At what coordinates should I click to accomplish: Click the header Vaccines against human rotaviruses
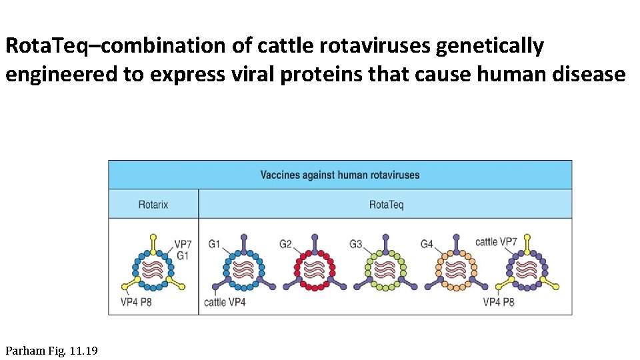pyautogui.click(x=340, y=175)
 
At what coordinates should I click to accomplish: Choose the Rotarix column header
pyautogui.click(x=153, y=205)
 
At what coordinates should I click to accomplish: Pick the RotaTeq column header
pyautogui.click(x=386, y=205)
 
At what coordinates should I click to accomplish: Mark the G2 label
pyautogui.click(x=285, y=244)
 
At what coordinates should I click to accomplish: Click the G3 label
pyautogui.click(x=356, y=244)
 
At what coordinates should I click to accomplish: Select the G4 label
pyautogui.click(x=427, y=244)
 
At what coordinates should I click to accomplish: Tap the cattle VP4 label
pyautogui.click(x=225, y=303)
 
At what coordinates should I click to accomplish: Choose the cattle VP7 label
pyautogui.click(x=496, y=241)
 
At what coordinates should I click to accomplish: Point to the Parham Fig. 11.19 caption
pyautogui.click(x=51, y=350)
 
